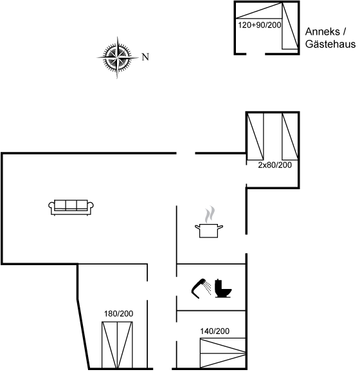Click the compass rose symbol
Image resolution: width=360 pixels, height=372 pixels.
(117, 57)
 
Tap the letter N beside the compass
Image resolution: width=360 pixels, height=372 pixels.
(145, 57)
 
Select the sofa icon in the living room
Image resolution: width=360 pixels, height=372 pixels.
(71, 207)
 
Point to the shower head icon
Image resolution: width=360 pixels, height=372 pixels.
(201, 288)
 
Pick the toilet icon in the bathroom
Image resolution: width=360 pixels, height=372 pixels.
(223, 288)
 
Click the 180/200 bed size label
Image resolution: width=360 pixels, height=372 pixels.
(118, 313)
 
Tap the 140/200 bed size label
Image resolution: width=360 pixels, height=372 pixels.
(215, 331)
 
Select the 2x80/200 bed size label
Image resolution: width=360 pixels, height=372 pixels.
(274, 165)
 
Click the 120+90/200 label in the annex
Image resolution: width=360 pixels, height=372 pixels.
(260, 25)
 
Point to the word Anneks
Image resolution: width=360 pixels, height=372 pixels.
(322, 32)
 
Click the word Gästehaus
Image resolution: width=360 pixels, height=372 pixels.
(330, 44)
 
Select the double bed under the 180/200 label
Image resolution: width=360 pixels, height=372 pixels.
(117, 345)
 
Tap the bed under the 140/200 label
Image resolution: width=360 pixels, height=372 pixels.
(223, 353)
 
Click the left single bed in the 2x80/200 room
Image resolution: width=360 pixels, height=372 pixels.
(255, 136)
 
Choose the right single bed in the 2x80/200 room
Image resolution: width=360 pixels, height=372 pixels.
(290, 136)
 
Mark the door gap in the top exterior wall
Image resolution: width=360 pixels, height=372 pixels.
(186, 153)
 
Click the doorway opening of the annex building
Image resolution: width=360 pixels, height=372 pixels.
(255, 54)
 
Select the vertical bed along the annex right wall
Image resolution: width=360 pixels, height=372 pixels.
(290, 26)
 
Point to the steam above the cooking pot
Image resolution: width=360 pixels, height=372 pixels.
(210, 214)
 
